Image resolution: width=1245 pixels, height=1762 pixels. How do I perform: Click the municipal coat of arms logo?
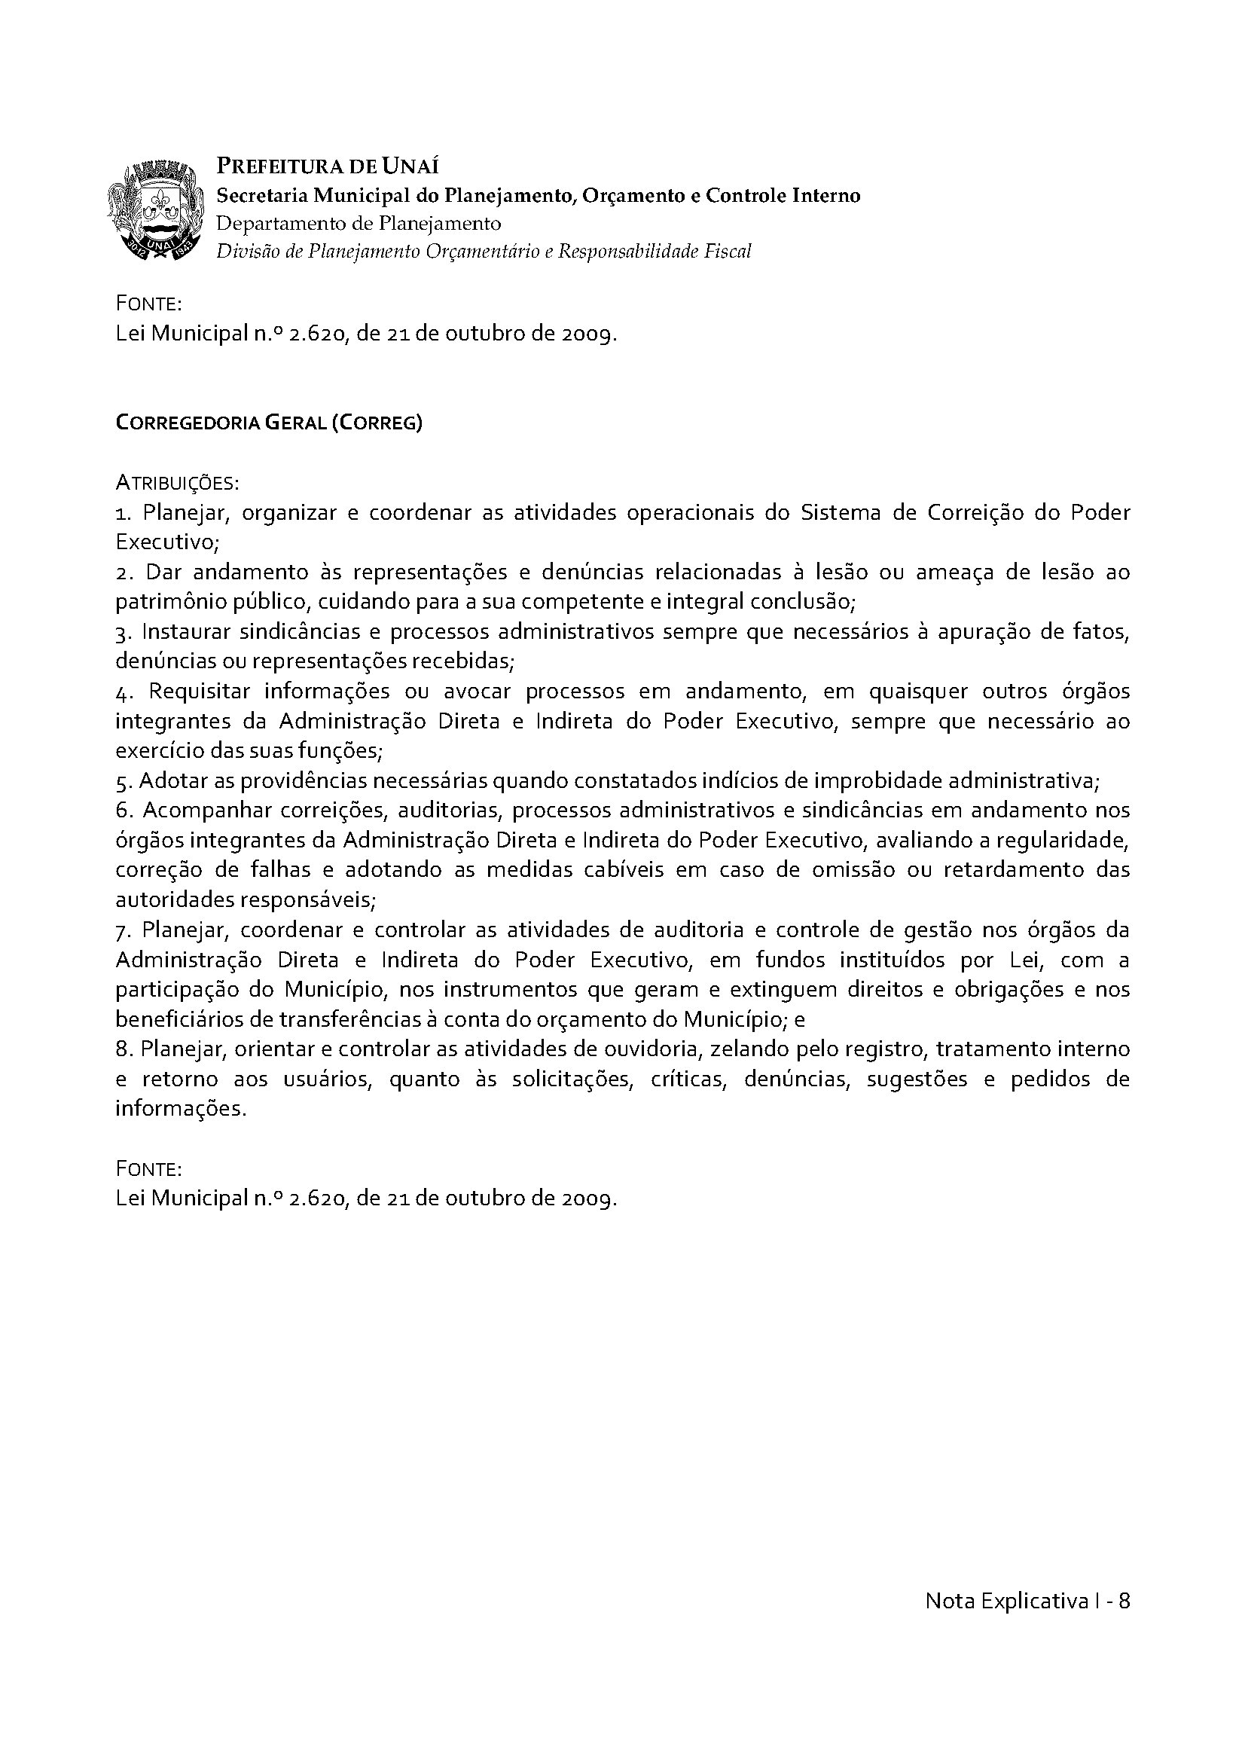pos(159,209)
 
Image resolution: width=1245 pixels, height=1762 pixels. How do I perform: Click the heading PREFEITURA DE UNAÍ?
pos(328,166)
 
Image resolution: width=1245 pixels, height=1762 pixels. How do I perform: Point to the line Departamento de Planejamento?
pos(359,223)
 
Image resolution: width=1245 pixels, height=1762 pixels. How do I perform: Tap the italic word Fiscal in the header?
pos(728,251)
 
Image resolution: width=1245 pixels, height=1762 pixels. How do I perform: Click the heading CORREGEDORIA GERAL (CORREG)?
pos(268,423)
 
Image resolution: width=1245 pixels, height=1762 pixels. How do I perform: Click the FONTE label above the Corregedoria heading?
pos(148,304)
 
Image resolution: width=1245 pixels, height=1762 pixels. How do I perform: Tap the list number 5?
pos(122,782)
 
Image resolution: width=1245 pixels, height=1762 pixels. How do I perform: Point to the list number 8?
pos(122,1049)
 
